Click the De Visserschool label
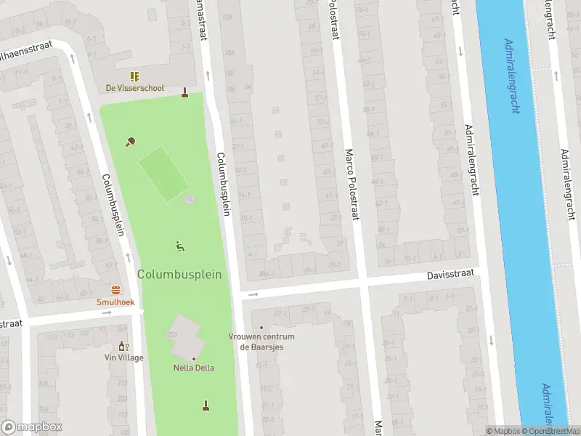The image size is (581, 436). pos(135,88)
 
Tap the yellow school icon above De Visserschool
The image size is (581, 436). pos(134,76)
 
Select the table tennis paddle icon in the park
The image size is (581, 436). pos(131,142)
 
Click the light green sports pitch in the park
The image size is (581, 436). pos(163,174)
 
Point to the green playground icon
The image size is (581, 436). pos(179,246)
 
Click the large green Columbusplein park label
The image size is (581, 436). pos(179,274)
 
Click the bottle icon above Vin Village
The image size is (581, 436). pos(123,346)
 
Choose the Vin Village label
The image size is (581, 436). pos(123,358)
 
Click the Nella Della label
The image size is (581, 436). pos(194,368)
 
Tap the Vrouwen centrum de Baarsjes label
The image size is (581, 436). pos(261,342)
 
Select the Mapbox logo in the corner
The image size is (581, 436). pos(32,427)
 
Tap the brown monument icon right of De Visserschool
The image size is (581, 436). pos(185,92)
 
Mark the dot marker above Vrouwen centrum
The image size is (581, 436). pos(261,327)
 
